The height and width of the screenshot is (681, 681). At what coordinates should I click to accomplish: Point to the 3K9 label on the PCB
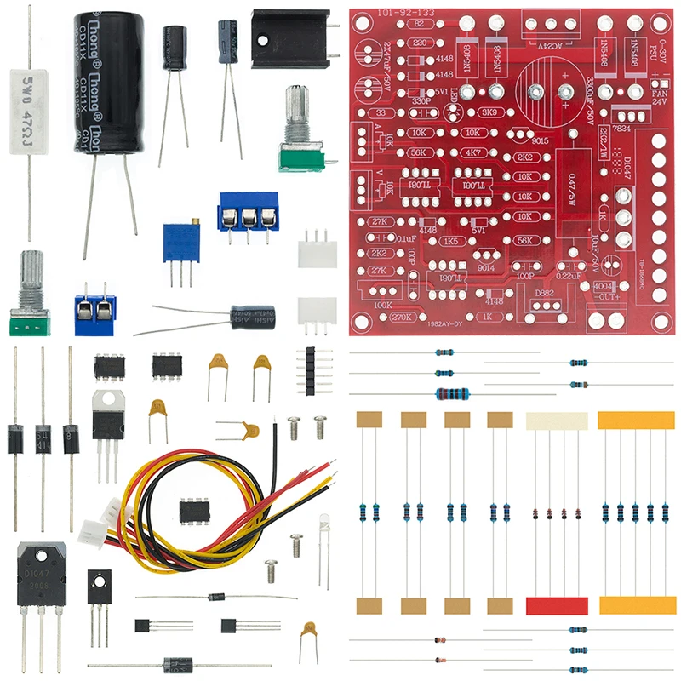(489, 112)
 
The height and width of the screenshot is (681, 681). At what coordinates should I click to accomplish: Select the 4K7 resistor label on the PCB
(472, 154)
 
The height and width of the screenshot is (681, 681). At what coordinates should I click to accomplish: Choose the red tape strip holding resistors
(557, 605)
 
